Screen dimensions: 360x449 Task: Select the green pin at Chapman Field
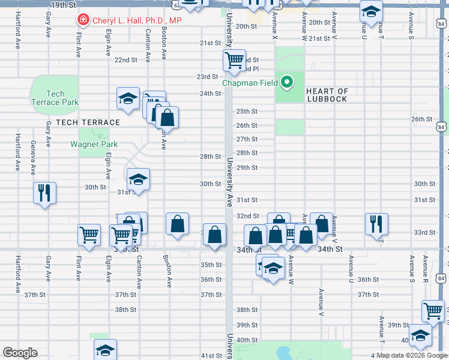coord(288,83)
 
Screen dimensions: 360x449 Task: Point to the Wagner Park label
coord(94,144)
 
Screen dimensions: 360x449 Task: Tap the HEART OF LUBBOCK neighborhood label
coord(327,95)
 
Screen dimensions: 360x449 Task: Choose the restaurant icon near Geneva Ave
coord(44,193)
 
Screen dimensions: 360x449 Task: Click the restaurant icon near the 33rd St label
coord(376,224)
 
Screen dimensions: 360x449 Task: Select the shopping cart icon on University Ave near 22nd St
coord(234,59)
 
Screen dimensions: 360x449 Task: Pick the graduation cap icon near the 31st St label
coord(138,179)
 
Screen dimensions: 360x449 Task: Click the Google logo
coord(20,353)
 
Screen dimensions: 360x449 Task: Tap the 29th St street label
coord(247,168)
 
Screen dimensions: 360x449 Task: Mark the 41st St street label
coord(211,356)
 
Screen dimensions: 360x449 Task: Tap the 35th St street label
coord(211,265)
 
